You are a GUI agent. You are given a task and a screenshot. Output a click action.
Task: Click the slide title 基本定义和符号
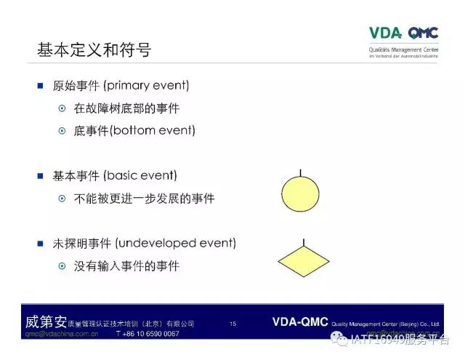[94, 50]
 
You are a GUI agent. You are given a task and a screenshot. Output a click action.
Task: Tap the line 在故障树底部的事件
[126, 108]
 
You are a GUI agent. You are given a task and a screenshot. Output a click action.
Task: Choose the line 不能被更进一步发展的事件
[144, 198]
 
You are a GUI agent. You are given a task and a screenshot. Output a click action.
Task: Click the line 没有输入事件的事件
[126, 265]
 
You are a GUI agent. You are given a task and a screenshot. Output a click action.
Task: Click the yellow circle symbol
[300, 195]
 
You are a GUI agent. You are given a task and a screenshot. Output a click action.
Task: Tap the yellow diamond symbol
[304, 260]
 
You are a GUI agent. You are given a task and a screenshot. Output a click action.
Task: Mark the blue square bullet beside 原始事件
[41, 86]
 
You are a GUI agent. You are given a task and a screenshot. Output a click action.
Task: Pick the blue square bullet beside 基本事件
[41, 175]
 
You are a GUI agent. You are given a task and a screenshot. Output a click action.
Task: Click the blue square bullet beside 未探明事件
[41, 243]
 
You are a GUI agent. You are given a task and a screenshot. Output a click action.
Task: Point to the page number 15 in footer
[232, 324]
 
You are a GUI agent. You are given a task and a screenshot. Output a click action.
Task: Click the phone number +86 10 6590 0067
[147, 334]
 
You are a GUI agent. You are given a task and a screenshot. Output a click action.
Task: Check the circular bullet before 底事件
[62, 131]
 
